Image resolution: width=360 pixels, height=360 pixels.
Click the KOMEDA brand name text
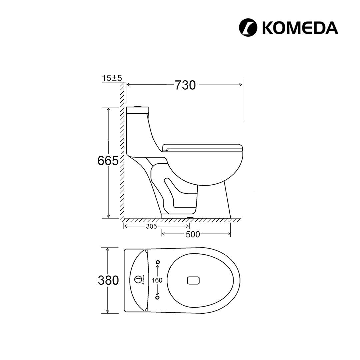[x=300, y=28]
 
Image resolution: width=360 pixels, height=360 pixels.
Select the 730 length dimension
[x=185, y=85]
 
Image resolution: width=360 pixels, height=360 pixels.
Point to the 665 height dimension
[x=108, y=160]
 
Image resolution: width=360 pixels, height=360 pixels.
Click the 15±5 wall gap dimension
[x=112, y=78]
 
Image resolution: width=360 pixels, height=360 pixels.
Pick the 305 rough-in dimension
[x=151, y=226]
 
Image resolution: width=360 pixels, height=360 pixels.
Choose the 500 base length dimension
[x=193, y=234]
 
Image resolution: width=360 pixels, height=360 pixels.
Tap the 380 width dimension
[x=108, y=280]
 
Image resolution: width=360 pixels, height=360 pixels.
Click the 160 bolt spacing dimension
[x=157, y=280]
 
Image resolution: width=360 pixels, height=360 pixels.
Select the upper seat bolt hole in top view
[x=158, y=262]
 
